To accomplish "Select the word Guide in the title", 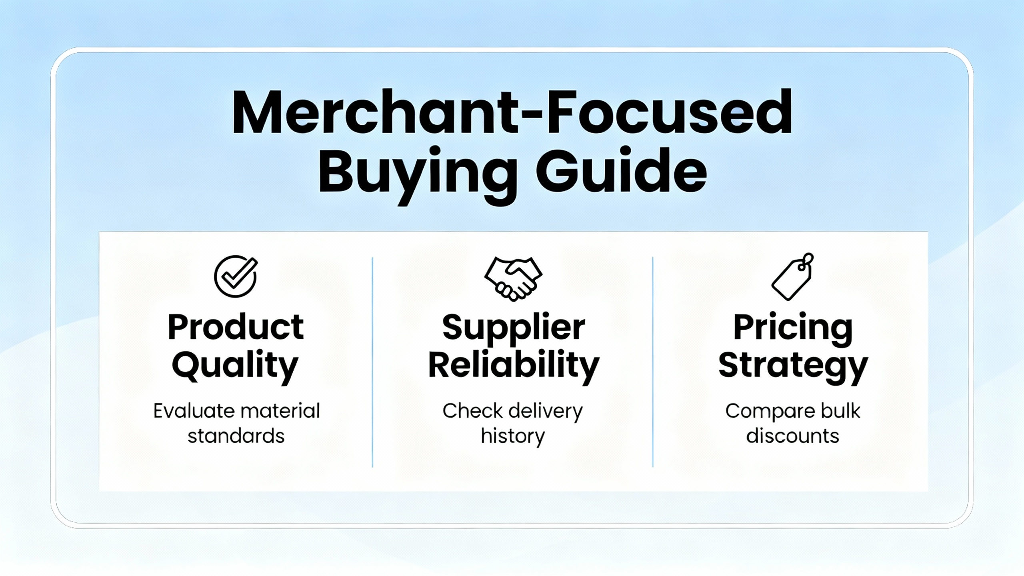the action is [x=621, y=170].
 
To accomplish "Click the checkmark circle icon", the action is [x=236, y=276].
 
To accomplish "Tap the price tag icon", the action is [x=793, y=276].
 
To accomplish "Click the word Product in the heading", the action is [x=236, y=327].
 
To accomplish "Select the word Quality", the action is [x=235, y=366].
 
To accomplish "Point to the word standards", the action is [x=236, y=436].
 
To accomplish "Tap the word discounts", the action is [x=793, y=436].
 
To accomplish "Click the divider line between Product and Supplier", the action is [x=372, y=362].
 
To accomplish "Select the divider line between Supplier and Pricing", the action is [x=653, y=362].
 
